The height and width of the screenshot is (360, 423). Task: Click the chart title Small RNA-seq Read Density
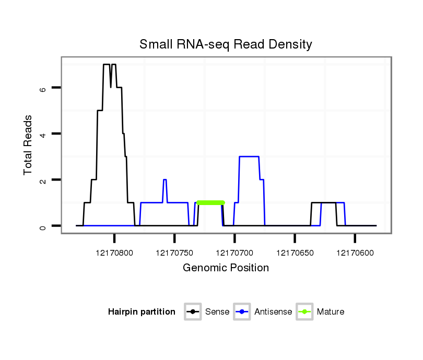pos(226,44)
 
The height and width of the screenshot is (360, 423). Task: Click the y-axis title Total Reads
pos(28,145)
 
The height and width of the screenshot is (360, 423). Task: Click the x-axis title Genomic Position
pos(226,268)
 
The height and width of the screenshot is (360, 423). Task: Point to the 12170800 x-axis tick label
pos(114,253)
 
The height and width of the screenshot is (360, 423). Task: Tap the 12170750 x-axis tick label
pos(174,253)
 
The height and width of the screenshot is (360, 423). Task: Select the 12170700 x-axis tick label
pos(234,253)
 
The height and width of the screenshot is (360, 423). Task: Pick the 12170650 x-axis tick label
pos(295,253)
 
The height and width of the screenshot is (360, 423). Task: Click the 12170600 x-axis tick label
pos(355,253)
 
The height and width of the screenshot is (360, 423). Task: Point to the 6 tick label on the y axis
pos(43,88)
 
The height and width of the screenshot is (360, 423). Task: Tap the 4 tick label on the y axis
pos(43,134)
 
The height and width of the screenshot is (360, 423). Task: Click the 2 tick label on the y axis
pos(43,180)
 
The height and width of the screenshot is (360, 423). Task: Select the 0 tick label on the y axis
pos(43,226)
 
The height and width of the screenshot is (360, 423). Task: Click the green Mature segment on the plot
pos(210,202)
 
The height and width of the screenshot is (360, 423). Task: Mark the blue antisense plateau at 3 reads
pos(249,157)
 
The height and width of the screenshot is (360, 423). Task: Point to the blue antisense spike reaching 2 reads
pos(164,180)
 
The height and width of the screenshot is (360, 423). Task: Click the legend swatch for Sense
pos(193,312)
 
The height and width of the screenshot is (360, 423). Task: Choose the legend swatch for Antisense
pos(242,312)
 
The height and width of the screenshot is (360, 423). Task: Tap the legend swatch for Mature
pos(304,312)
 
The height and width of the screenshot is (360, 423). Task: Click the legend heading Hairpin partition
pos(142,312)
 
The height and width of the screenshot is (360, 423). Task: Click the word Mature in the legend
pos(331,312)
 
